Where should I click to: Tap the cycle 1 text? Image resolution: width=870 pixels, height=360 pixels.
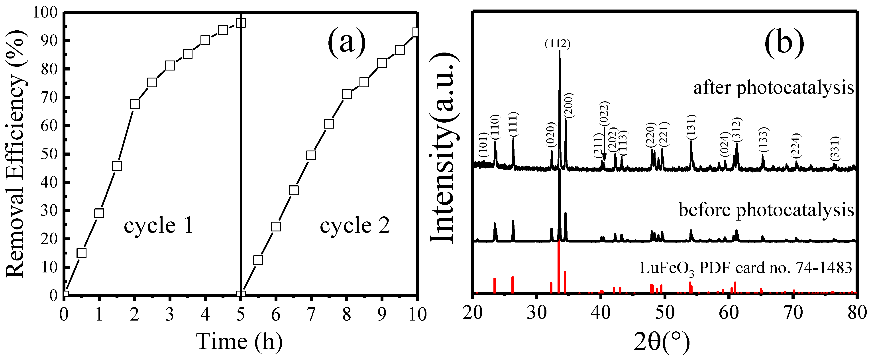tap(158, 226)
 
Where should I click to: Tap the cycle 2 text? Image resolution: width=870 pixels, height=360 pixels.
tap(355, 226)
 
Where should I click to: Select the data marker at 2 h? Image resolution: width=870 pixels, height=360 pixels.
tap(134, 104)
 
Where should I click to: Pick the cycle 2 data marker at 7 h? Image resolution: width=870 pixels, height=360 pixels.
tap(311, 155)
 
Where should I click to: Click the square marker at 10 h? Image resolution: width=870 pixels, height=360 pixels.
tap(416, 32)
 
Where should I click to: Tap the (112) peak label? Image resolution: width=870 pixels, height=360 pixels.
tap(558, 44)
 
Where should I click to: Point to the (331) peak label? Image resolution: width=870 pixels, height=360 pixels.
tap(835, 149)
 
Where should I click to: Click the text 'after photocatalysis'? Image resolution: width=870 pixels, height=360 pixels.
tap(773, 88)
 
